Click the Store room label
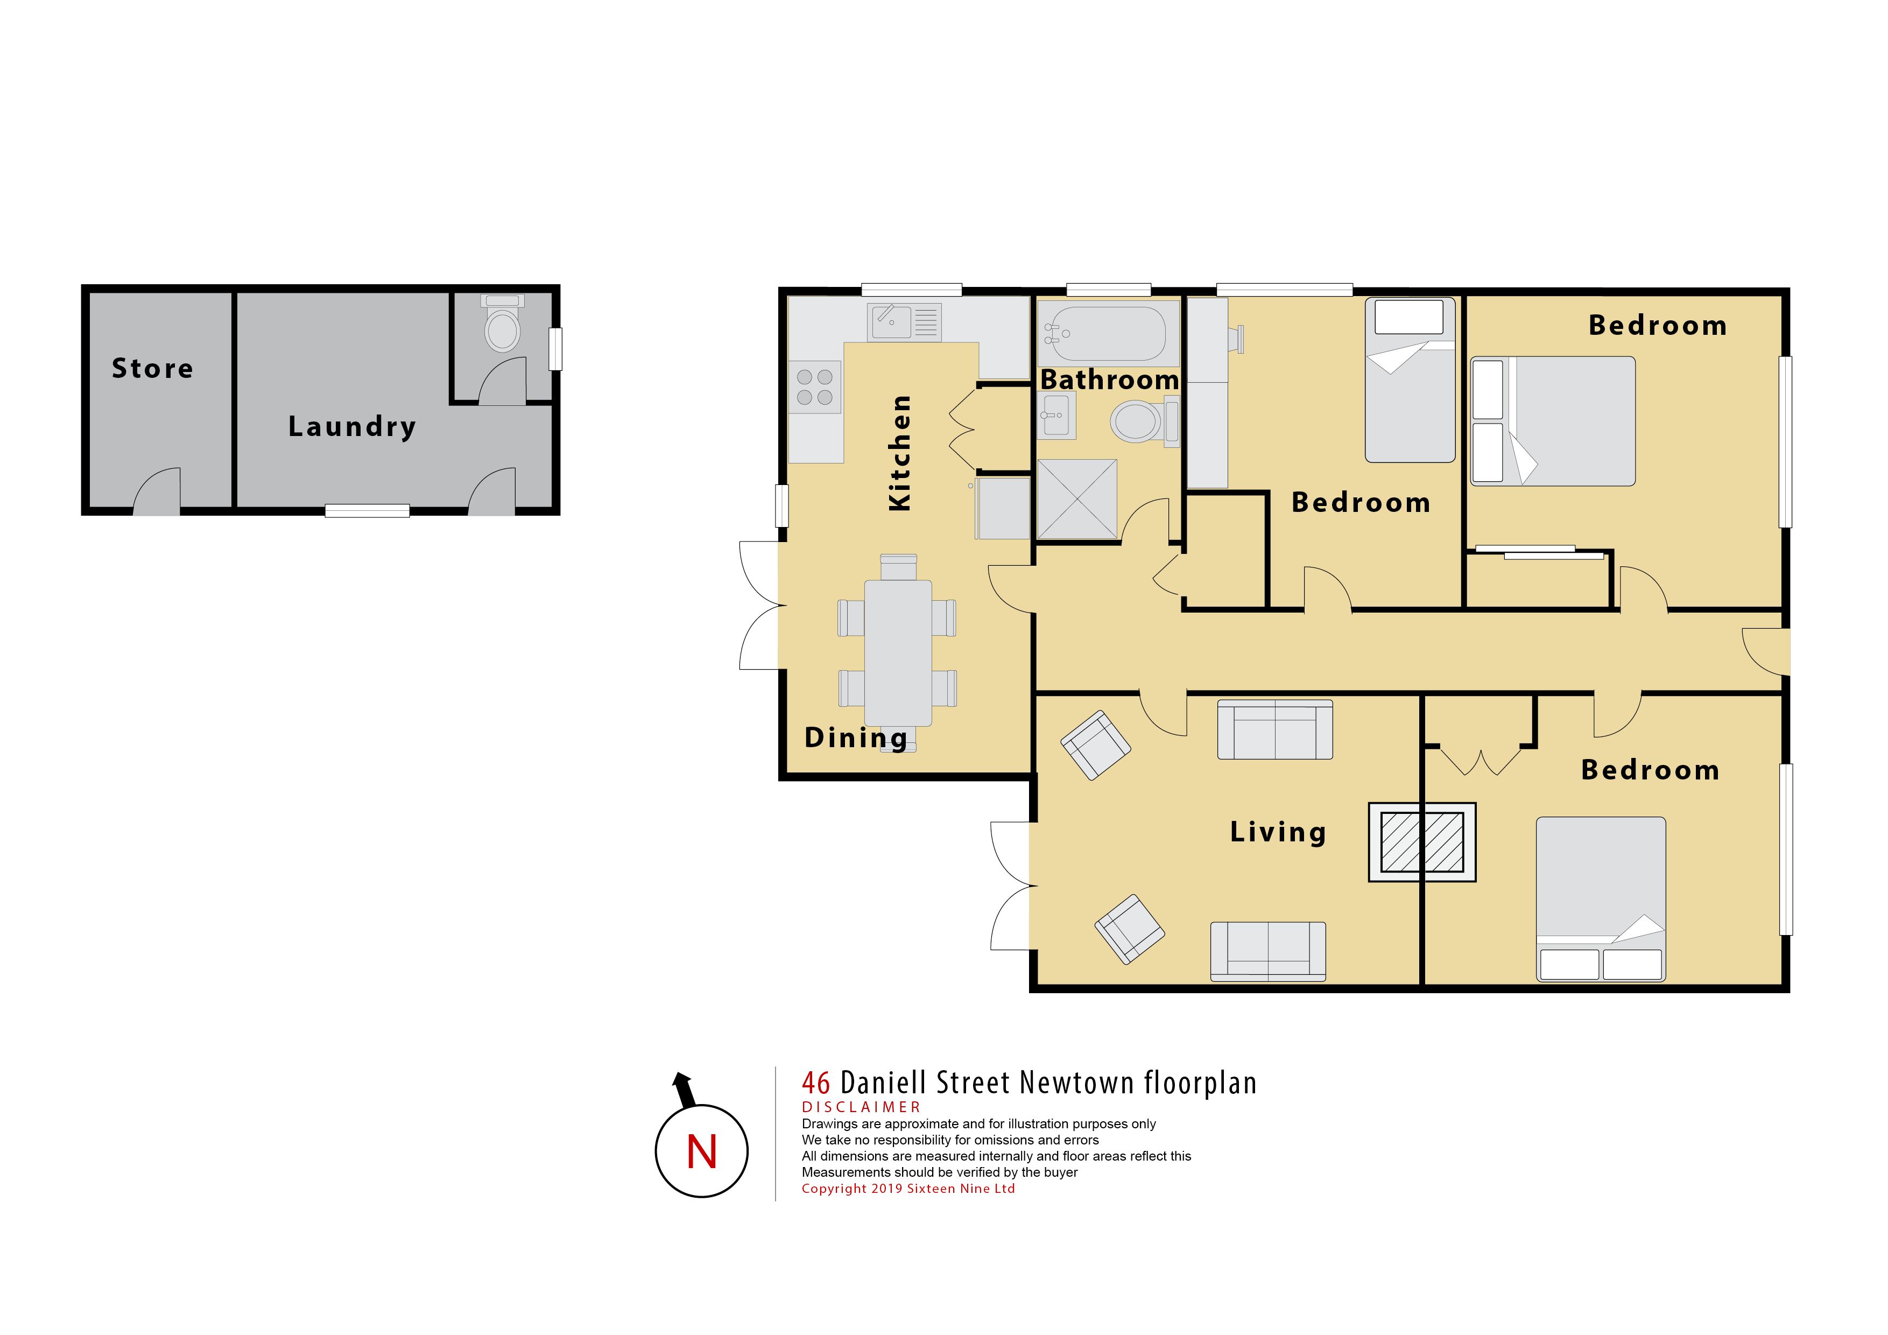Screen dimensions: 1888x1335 (153, 369)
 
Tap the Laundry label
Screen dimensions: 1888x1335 (352, 427)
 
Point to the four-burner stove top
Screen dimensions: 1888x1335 (815, 387)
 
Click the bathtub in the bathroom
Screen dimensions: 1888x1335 (1109, 333)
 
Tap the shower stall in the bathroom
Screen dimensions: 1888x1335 (1077, 500)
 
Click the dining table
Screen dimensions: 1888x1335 (898, 653)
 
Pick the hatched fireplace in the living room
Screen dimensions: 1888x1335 (1422, 842)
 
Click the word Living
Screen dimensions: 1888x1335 (1278, 832)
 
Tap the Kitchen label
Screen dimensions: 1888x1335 (900, 453)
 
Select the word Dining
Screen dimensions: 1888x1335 (856, 738)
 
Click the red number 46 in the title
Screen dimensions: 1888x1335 (816, 1083)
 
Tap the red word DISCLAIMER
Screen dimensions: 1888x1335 (861, 1107)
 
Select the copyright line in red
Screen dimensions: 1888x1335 (908, 1189)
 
